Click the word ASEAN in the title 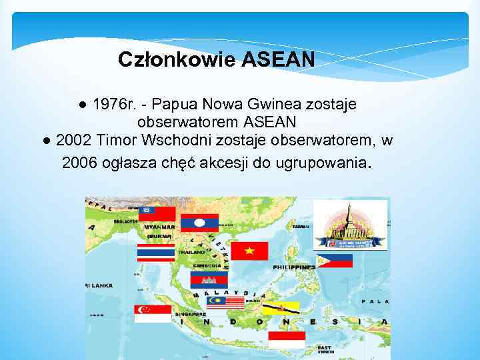[278, 60]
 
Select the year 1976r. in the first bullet [115, 105]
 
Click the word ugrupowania [327, 163]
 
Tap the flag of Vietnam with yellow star [249, 251]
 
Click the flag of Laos [200, 223]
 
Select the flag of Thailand [155, 253]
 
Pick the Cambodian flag [209, 280]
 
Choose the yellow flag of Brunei [281, 308]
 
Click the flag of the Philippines [333, 261]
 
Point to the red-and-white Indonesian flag [287, 339]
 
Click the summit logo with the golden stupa [349, 225]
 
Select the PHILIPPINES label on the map [294, 267]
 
